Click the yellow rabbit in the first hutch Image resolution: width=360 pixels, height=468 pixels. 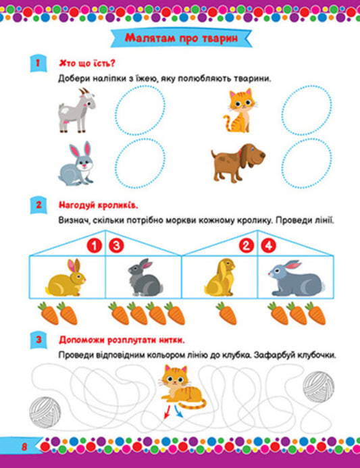coord(66,278)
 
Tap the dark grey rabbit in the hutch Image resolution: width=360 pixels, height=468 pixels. coord(143,278)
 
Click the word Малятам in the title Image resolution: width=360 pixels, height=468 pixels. coord(149,38)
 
